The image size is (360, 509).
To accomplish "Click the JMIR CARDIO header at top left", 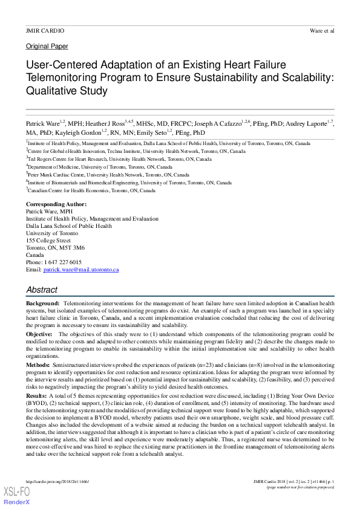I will coord(45,30).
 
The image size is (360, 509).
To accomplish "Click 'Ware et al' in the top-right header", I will coord(321,30).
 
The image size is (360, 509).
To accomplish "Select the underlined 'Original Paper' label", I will coord(47,46).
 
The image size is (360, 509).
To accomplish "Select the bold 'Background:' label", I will coord(42,302).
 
